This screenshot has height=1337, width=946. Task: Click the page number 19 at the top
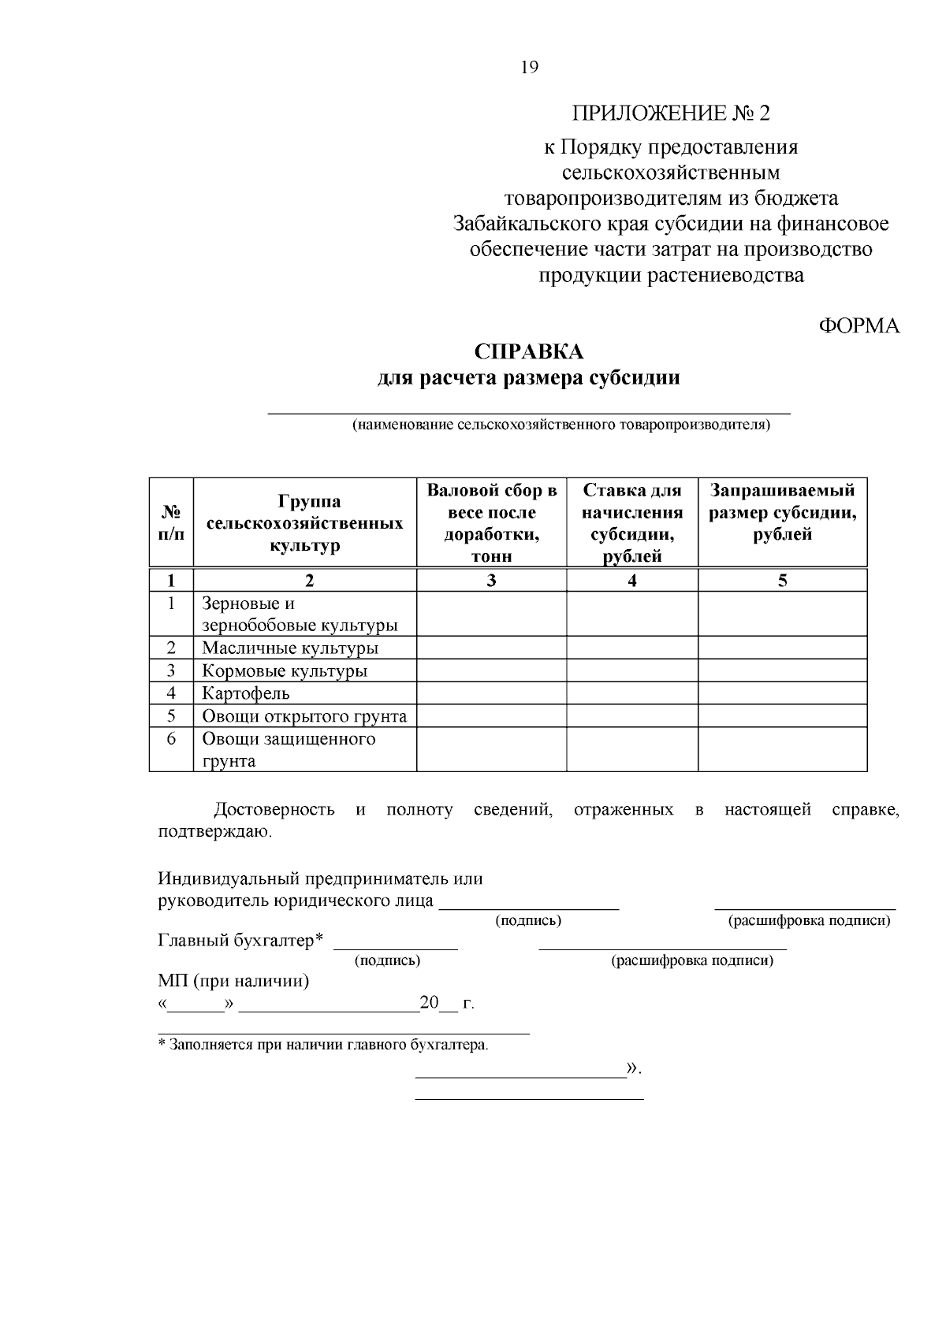tap(530, 68)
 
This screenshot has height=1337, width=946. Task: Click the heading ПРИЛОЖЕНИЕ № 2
tap(671, 113)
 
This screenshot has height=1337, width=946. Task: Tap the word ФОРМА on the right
tap(859, 326)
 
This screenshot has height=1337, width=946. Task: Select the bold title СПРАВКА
tap(529, 351)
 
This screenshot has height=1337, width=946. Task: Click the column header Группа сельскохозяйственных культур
tap(304, 523)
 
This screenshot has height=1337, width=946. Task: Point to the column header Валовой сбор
tap(491, 523)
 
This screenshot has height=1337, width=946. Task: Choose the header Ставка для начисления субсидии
tap(632, 523)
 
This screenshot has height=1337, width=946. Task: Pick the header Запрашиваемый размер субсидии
tap(782, 513)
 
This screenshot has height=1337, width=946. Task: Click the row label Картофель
tap(246, 693)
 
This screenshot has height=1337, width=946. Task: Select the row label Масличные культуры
tap(290, 648)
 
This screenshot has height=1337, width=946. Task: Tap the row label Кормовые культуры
tap(285, 671)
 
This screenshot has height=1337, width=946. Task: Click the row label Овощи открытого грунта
tap(304, 716)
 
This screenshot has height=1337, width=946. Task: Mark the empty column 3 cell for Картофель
tap(491, 693)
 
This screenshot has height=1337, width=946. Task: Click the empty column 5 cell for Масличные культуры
tap(782, 648)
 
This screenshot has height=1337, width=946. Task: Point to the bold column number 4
tap(632, 581)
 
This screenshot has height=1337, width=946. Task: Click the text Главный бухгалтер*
tap(241, 941)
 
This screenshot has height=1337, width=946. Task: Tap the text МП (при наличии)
tap(233, 982)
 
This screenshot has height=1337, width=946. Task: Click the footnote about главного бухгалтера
tap(323, 1045)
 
